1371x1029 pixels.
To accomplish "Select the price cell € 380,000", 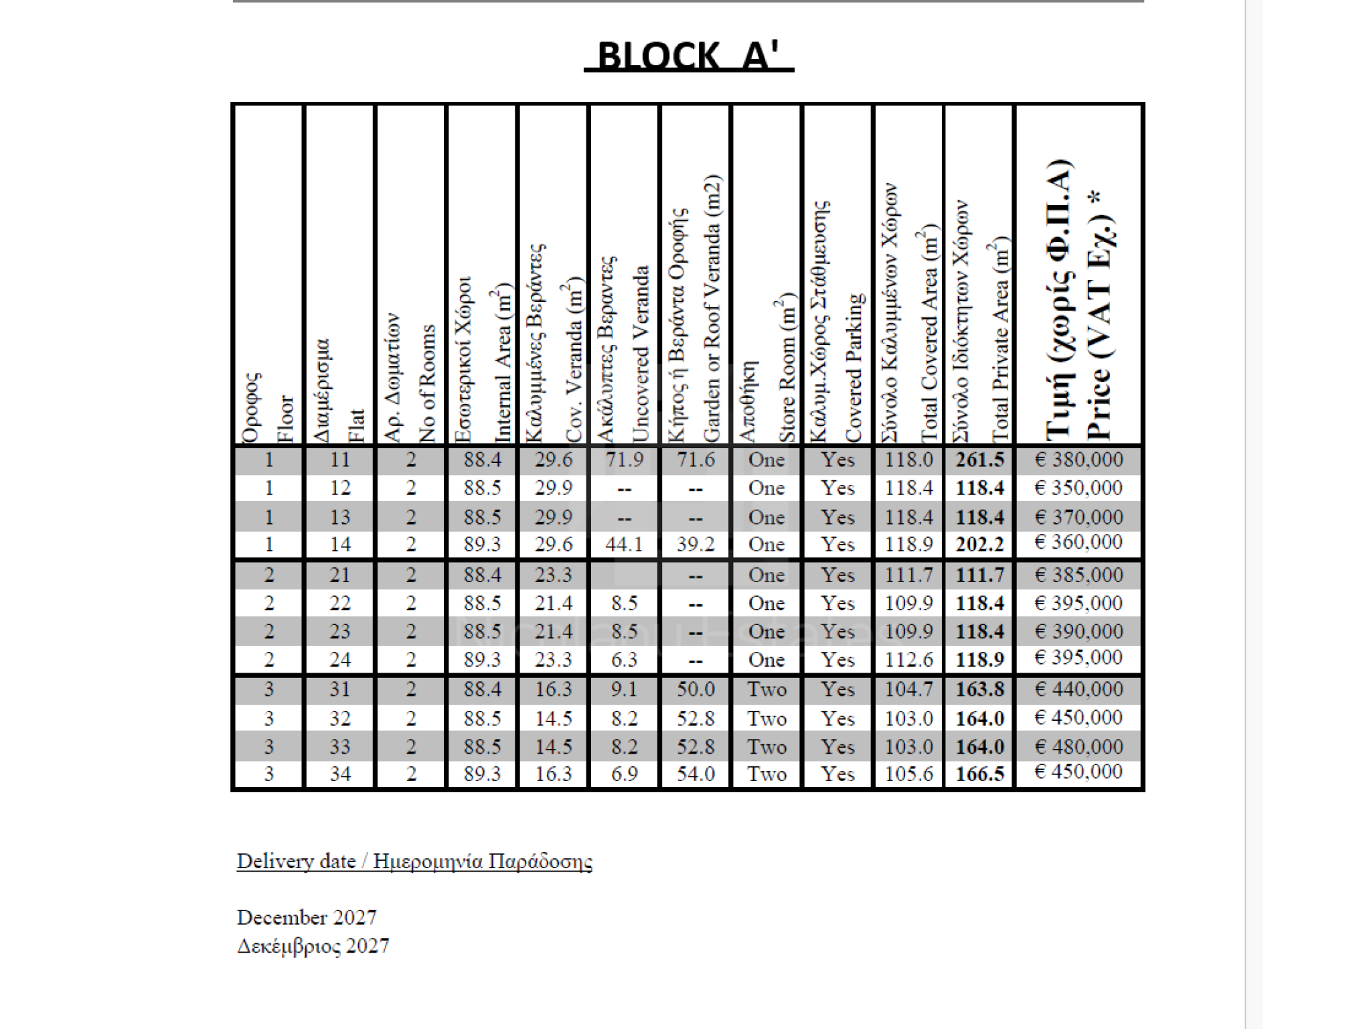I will coord(1078,460).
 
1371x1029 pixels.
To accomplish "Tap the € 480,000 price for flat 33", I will coord(1078,746).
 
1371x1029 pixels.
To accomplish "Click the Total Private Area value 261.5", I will coord(979,460).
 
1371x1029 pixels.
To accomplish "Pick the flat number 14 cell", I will coord(339,544).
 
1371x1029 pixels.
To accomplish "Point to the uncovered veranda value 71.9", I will coord(624,460).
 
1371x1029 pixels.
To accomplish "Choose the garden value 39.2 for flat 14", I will coord(696,544).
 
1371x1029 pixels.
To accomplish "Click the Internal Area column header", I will coord(482,362).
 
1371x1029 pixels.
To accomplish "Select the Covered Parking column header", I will coord(837,322).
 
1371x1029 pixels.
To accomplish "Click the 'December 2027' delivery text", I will coord(307,917).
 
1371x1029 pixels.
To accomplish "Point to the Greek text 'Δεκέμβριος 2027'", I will coord(313,946).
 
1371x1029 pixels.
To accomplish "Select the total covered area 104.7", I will coord(908,689).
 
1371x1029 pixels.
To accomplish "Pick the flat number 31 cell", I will coord(339,689).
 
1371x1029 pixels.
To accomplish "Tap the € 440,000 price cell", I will coord(1078,689).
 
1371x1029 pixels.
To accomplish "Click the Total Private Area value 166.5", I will coord(979,774).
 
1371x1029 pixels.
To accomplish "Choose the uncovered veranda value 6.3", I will coord(624,660).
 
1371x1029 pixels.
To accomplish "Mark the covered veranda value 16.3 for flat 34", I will coord(553,774).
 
